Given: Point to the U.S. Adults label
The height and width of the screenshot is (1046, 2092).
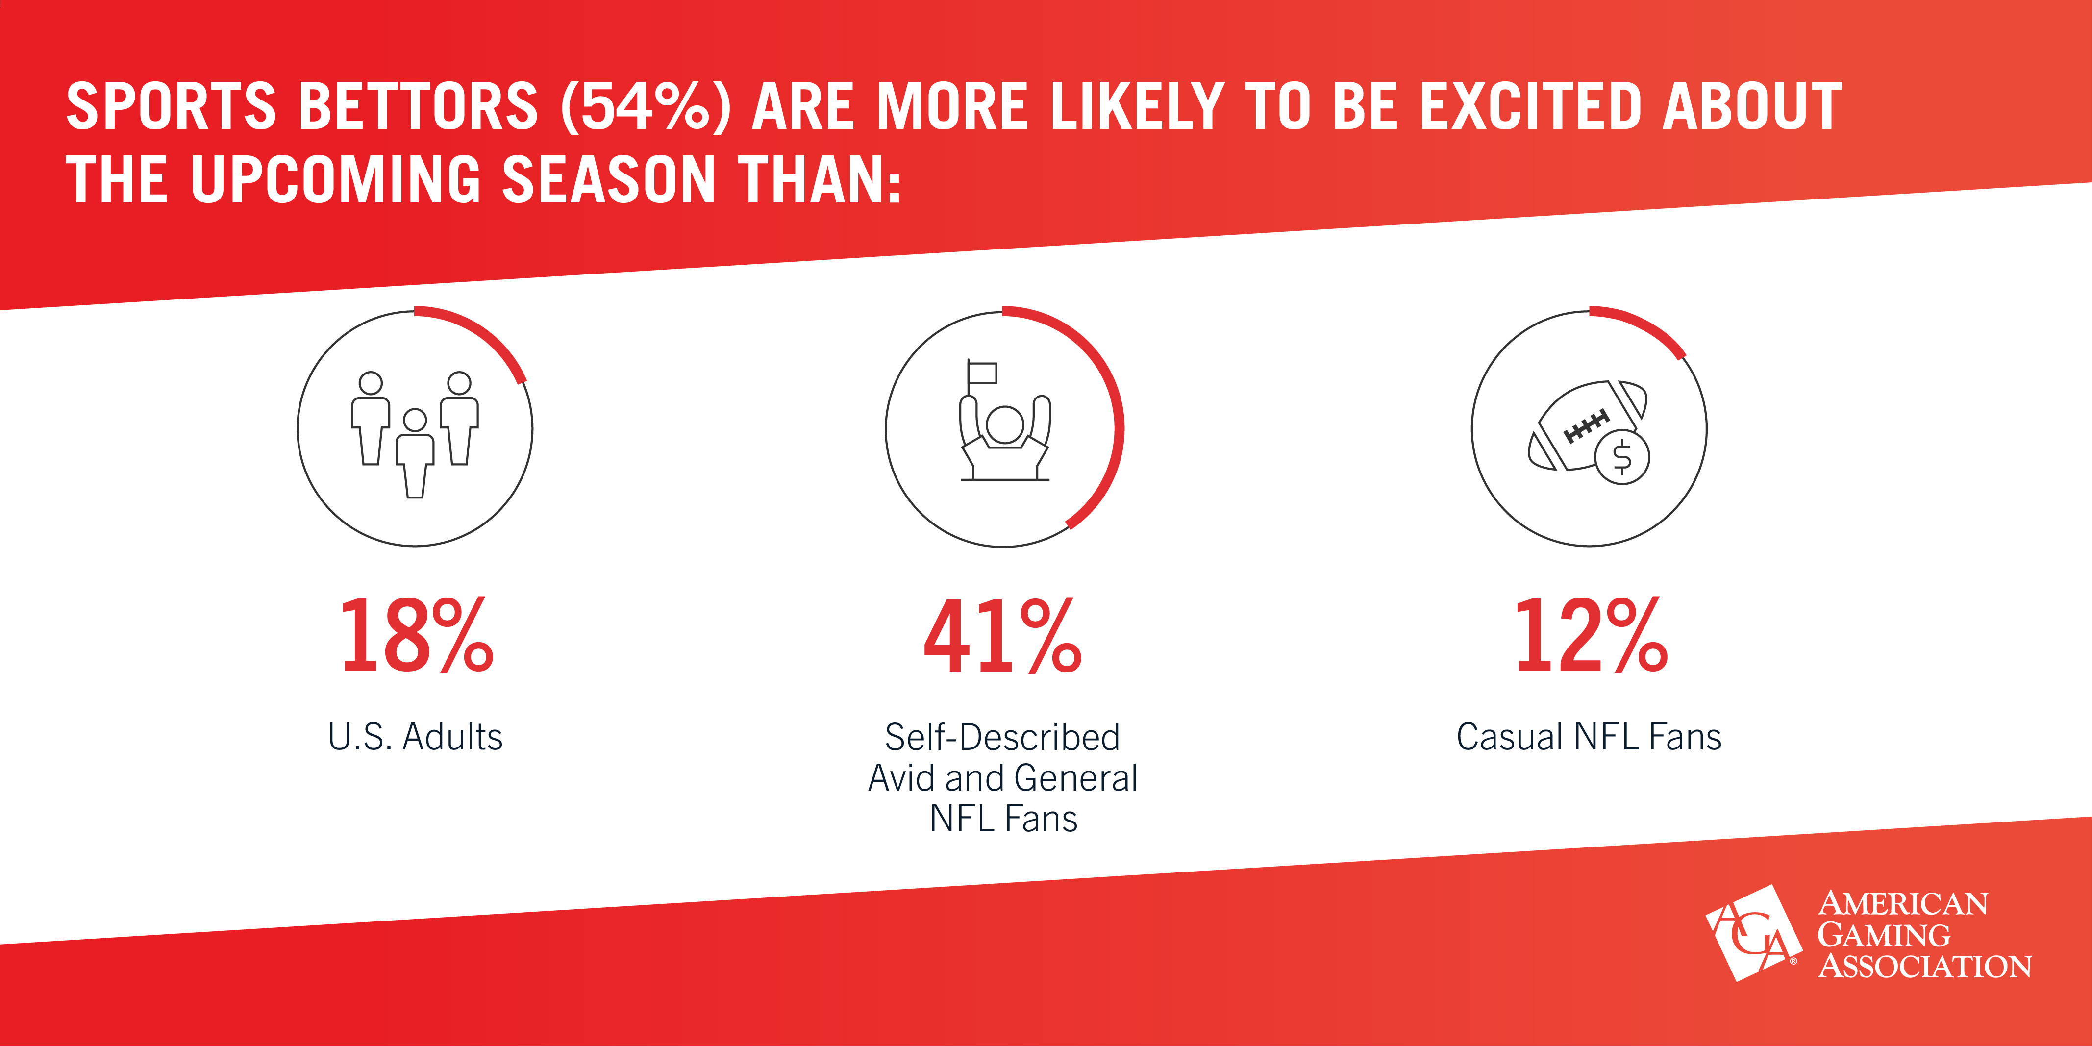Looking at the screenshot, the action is point(415,737).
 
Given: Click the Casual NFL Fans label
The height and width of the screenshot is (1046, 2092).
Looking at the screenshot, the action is point(1589,737).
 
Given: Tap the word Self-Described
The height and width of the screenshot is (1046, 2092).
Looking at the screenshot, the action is point(1003,737).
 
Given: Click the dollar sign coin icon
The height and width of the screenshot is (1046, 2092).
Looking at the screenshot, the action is point(1622,457).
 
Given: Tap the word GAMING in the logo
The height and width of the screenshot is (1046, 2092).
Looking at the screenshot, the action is point(1883,936).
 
